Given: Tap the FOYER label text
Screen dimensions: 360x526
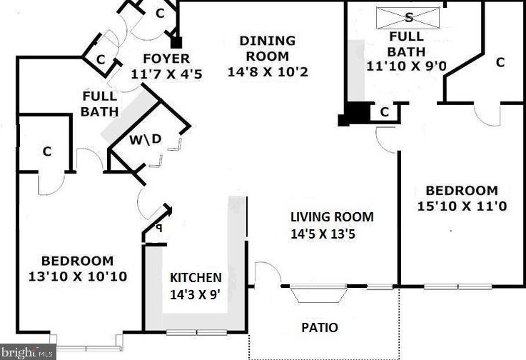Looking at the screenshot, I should click(166, 59).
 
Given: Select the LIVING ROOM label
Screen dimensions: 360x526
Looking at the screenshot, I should click(331, 217).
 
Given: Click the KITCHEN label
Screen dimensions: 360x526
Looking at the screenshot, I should click(195, 277).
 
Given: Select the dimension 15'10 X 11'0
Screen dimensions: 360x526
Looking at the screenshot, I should click(461, 206).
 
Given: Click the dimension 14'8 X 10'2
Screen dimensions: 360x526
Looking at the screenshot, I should click(268, 71).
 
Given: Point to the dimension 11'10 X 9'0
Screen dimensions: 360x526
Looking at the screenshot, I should click(406, 66).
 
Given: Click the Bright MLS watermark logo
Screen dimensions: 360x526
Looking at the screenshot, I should click(28, 352).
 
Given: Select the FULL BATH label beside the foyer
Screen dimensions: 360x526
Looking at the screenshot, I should click(99, 104).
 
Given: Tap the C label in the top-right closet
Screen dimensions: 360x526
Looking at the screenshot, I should click(500, 62).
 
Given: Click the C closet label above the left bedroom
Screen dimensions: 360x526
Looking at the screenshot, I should click(47, 151).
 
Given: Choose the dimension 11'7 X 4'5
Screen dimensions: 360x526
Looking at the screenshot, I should click(166, 73).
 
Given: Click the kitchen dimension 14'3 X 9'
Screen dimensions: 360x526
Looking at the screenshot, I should click(195, 293).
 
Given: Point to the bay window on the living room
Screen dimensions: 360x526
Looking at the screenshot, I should click(319, 294).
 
